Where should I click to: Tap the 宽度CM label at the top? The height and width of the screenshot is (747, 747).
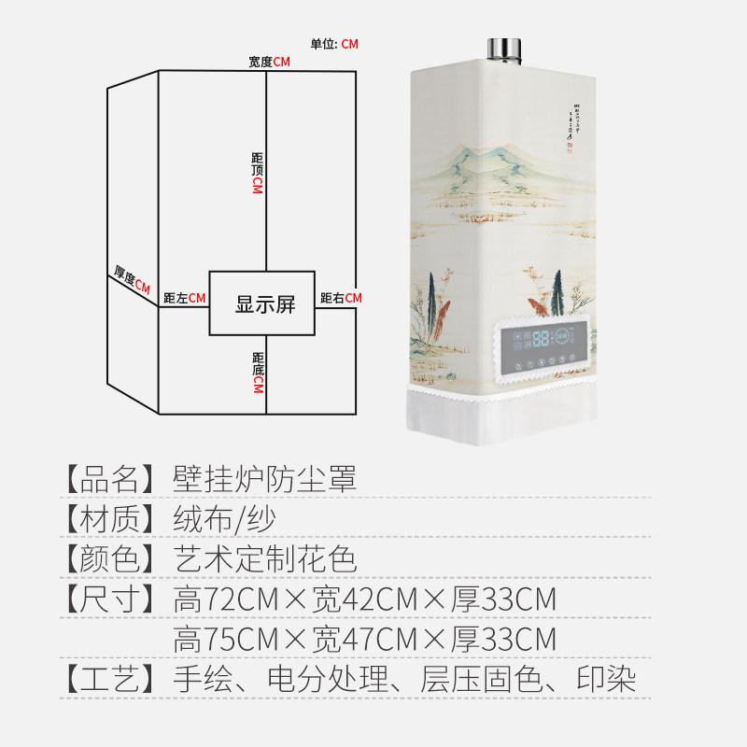269,62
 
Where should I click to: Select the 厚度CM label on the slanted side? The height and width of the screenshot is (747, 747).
132,281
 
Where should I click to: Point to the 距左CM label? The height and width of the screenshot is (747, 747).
184,298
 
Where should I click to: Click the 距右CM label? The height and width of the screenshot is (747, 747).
340,298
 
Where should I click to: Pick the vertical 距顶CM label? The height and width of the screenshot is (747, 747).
258,172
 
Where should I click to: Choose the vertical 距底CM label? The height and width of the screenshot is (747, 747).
258,372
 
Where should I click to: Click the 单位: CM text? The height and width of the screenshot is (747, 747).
334,44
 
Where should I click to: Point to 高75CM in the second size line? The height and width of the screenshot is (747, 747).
226,641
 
